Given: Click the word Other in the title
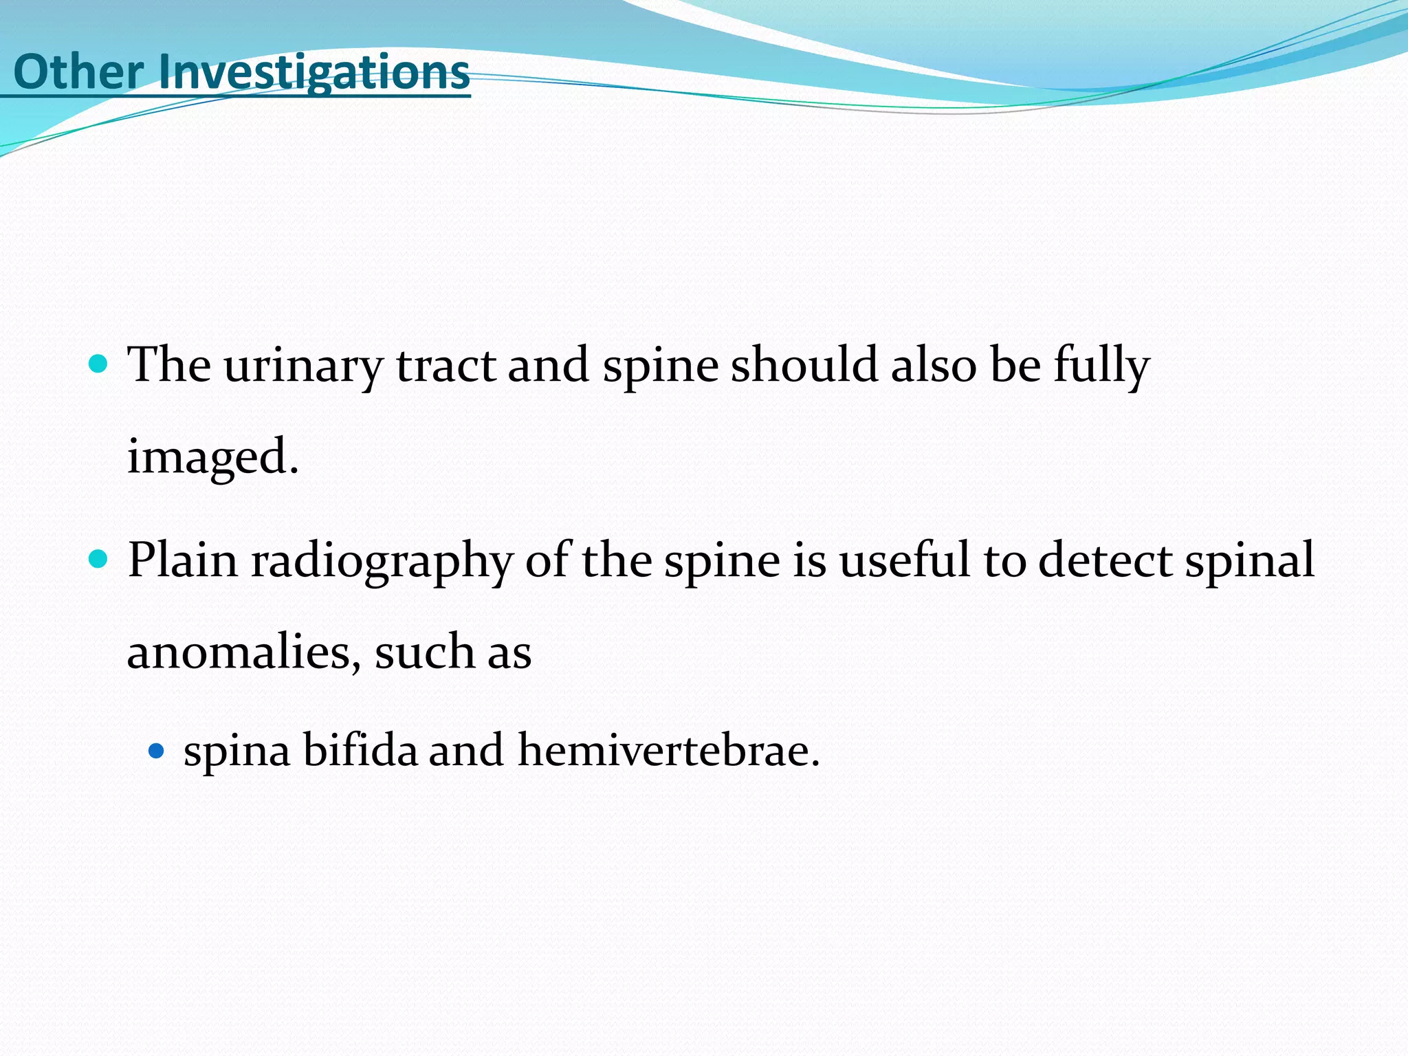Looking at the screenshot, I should coord(78,71).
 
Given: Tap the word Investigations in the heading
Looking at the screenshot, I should coord(314,73).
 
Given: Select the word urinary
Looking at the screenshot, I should coord(302,366).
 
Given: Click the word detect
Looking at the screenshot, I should coord(1105,560).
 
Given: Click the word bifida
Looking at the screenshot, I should coord(360,749).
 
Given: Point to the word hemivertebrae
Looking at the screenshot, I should coord(669,749).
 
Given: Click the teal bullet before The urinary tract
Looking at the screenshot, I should coord(99,364).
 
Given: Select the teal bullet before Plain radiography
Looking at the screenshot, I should coord(99,558).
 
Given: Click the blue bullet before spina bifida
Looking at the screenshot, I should coord(157,750).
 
